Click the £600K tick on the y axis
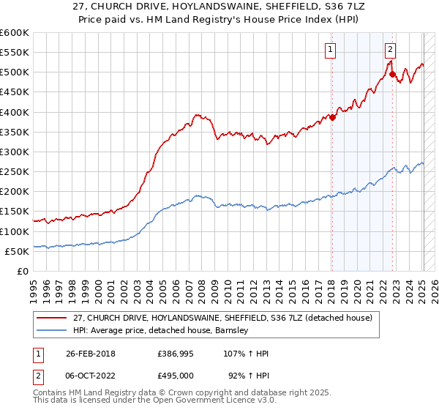coord(15,33)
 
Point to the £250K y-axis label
coord(15,171)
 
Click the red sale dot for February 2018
coord(332,117)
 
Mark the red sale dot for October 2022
coord(392,74)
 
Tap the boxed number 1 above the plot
coord(331,50)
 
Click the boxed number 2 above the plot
coord(391,50)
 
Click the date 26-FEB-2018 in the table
coord(84,354)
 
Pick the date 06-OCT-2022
coord(84,376)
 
